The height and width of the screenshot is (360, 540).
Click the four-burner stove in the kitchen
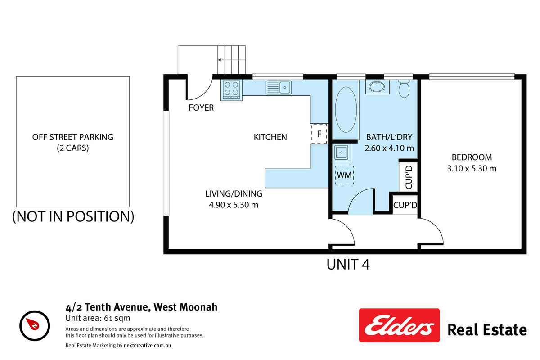click(231, 90)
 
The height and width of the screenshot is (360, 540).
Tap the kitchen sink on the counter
click(279, 88)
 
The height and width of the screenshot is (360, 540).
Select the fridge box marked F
click(319, 134)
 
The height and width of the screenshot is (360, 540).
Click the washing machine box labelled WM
click(344, 175)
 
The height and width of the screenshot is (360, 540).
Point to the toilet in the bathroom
click(404, 89)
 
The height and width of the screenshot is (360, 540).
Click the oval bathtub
click(346, 110)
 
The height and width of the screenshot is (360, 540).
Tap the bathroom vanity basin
click(377, 87)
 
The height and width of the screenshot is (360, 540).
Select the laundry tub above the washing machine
click(342, 153)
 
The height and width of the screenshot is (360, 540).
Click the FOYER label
click(201, 108)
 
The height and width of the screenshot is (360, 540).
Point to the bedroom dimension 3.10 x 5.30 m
click(472, 168)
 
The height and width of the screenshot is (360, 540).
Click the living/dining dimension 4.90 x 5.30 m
click(234, 205)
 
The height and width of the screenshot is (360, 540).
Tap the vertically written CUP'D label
click(409, 177)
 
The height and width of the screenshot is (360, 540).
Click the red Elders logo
click(399, 325)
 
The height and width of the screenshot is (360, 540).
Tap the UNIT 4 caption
click(348, 265)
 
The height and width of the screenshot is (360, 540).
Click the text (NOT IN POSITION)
click(73, 216)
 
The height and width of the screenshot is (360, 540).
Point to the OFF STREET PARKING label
click(73, 137)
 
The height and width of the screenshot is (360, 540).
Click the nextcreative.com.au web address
click(147, 345)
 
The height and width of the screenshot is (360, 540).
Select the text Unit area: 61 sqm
click(98, 318)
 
